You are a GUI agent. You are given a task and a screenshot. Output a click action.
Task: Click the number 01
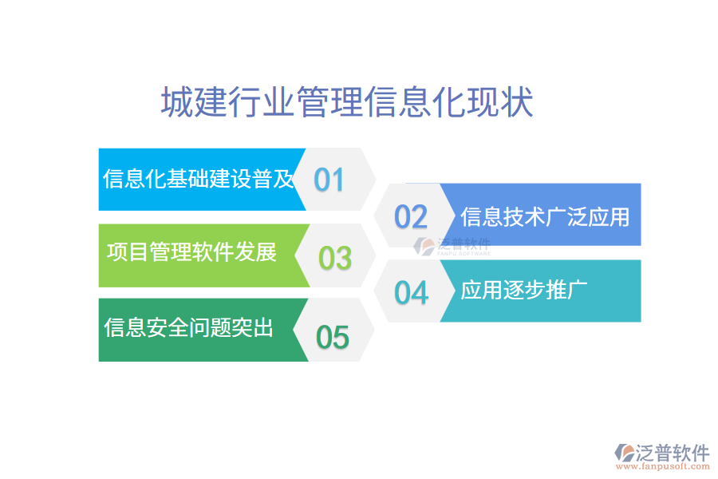(329, 180)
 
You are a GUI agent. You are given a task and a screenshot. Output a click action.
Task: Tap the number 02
(412, 216)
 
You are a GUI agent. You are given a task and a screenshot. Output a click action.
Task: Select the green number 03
(335, 258)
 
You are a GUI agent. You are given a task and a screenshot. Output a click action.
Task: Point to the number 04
(412, 293)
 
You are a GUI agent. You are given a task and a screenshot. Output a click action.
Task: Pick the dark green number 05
(333, 337)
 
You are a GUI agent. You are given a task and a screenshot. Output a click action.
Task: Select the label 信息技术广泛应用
(545, 216)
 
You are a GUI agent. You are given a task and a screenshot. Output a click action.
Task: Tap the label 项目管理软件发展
(191, 253)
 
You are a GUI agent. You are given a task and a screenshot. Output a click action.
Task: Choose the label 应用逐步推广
(524, 291)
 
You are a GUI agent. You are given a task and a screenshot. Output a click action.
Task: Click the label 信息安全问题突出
(189, 327)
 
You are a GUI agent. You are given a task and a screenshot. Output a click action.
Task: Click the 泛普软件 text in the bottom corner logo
(673, 453)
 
